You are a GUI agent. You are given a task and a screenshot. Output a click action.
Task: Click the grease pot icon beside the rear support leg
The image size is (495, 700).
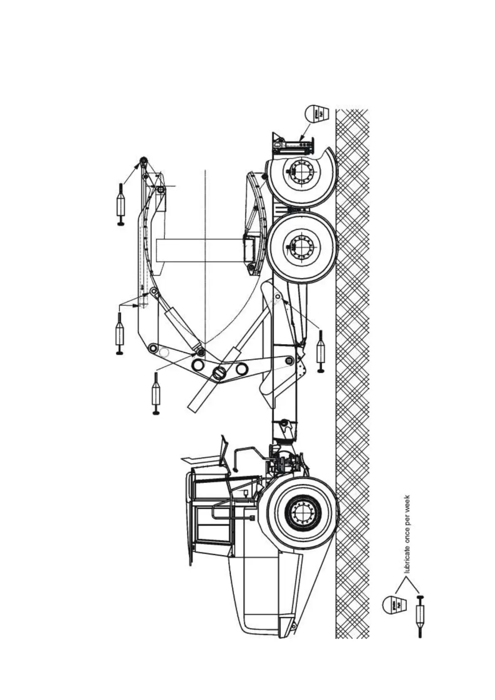tap(317, 113)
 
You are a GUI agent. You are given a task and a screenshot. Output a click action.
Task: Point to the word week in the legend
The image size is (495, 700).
tap(407, 503)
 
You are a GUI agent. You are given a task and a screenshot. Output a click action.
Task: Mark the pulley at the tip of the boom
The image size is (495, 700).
tap(143, 162)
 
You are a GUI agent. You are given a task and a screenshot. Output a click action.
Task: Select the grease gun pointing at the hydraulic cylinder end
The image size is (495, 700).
tap(156, 393)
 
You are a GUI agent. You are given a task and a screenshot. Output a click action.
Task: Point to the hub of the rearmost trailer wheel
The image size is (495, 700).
tap(301, 170)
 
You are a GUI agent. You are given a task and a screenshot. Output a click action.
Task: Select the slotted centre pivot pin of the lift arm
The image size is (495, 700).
tap(219, 372)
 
